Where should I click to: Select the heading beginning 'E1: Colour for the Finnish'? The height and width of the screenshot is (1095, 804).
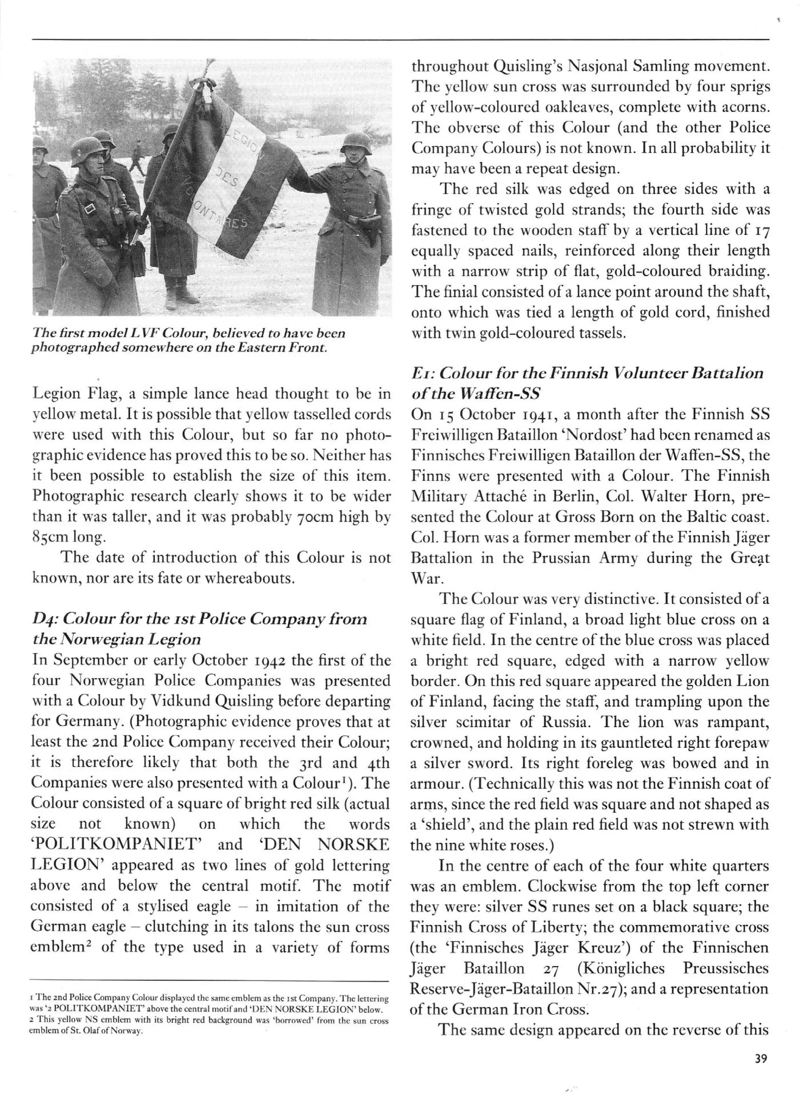(587, 383)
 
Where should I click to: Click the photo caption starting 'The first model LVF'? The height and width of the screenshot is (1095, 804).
(188, 341)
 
